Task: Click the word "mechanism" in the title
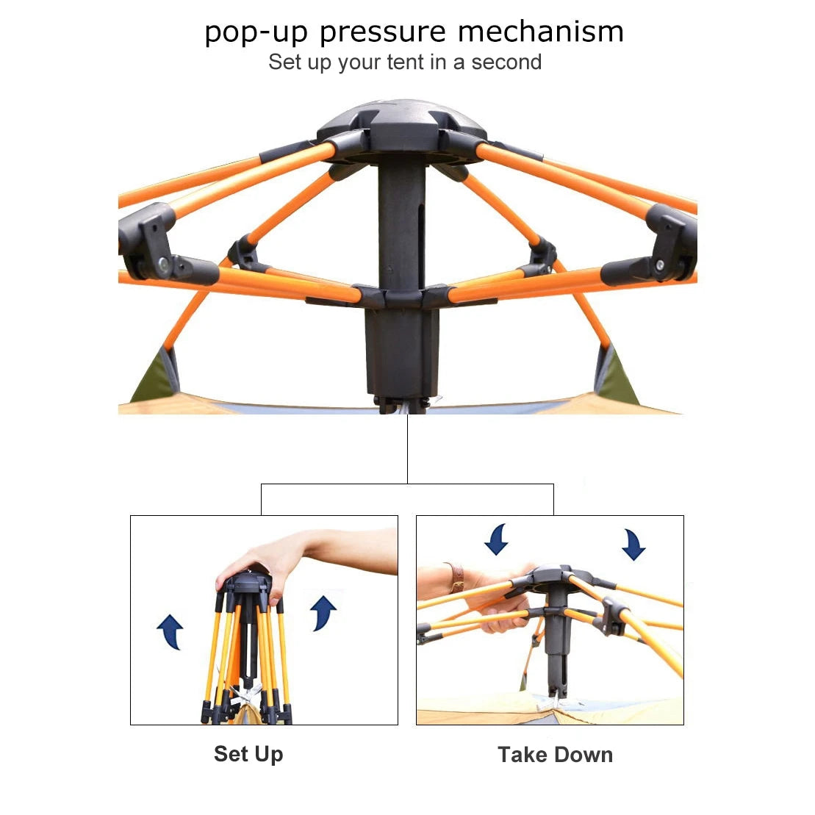(x=540, y=32)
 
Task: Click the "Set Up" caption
(x=248, y=754)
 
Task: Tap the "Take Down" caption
(x=555, y=755)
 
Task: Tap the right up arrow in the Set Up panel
(x=323, y=612)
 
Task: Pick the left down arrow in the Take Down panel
(x=497, y=539)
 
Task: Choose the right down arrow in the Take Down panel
(x=632, y=545)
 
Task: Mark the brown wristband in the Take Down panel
(x=456, y=578)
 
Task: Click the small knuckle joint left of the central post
(x=245, y=252)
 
